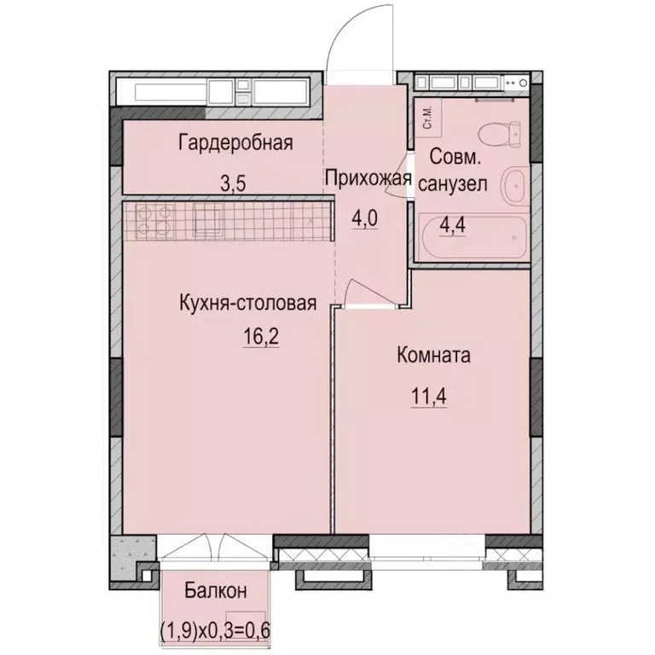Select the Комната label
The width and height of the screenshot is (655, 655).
coord(434,356)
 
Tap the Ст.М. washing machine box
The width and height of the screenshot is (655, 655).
coord(426,118)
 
